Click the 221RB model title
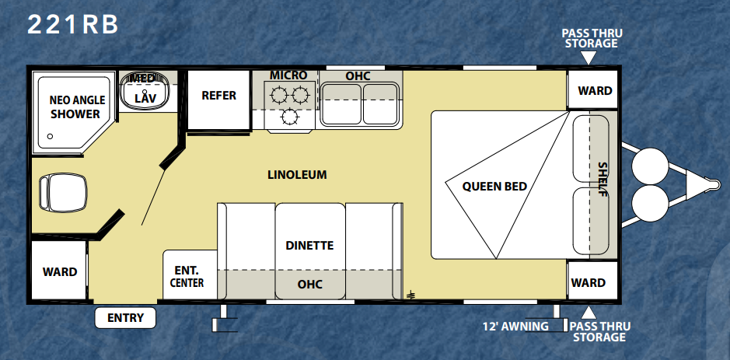coord(72,25)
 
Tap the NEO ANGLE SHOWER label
coord(75,107)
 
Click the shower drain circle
coord(50,136)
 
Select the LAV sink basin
coord(145,91)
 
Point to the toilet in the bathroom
coord(63,192)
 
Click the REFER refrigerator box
coord(218,100)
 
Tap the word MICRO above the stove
coord(288,75)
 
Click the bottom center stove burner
coord(289,116)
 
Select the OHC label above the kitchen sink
coord(358,76)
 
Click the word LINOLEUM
coord(297,175)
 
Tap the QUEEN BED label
coord(494,187)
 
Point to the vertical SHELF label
coord(603,179)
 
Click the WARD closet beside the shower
coord(59,271)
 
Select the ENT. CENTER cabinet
coord(190,274)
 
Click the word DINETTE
coord(309,246)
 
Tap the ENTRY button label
coord(125,318)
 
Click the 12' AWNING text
coord(515,327)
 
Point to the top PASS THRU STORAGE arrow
coord(589,58)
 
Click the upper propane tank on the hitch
coord(651,166)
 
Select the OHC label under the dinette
coord(309,284)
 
